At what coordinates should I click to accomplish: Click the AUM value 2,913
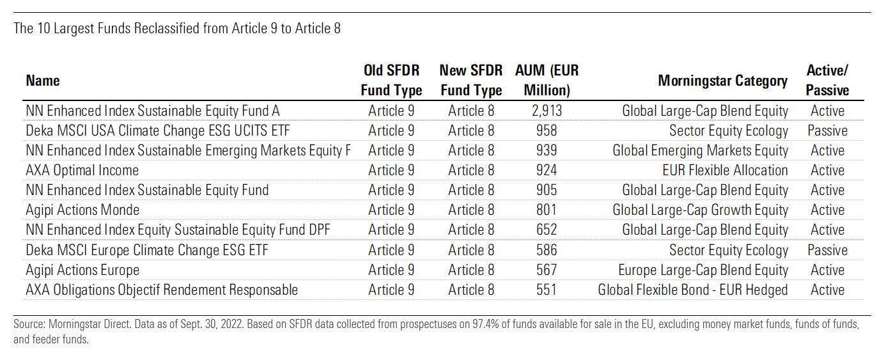(x=547, y=111)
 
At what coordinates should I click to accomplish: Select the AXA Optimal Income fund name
(x=82, y=170)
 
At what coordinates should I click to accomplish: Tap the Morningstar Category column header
(x=723, y=81)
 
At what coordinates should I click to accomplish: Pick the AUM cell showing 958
(x=547, y=130)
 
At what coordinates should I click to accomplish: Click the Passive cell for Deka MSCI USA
(x=827, y=130)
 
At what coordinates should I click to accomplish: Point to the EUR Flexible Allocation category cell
(x=725, y=170)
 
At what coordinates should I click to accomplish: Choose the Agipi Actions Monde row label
(x=82, y=210)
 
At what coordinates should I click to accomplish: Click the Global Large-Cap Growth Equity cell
(x=701, y=210)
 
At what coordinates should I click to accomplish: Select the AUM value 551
(x=547, y=290)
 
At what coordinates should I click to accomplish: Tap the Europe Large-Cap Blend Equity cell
(x=703, y=270)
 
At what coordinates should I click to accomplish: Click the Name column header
(x=43, y=81)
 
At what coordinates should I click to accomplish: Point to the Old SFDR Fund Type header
(x=391, y=80)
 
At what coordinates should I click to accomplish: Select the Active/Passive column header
(x=827, y=80)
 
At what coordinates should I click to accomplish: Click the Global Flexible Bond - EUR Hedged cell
(x=693, y=290)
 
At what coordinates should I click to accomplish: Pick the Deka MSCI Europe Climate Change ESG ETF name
(x=147, y=250)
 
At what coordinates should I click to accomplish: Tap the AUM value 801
(x=547, y=210)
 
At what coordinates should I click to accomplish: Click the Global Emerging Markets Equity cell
(x=701, y=150)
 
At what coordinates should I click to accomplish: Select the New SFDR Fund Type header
(x=471, y=80)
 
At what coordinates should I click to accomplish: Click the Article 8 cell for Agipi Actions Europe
(x=471, y=270)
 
